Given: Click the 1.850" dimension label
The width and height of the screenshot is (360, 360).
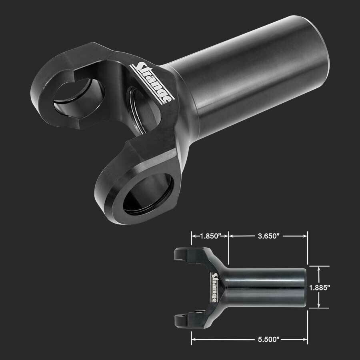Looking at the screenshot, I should click(x=210, y=236).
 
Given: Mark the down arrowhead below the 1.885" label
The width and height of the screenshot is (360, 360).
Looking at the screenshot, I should click(x=318, y=306).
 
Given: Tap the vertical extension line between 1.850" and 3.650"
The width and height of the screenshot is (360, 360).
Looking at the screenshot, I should click(x=228, y=248).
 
